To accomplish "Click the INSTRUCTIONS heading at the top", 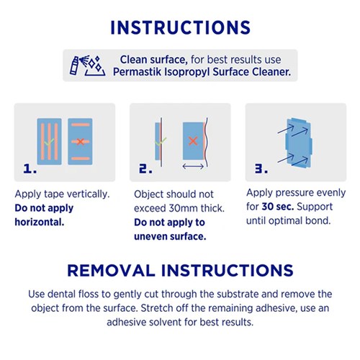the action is click(180, 27).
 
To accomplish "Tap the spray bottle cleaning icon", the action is click(87, 66).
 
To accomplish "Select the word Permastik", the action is click(137, 72).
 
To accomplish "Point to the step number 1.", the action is click(30, 168).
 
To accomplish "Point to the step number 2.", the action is click(145, 168).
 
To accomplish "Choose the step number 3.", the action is click(261, 168).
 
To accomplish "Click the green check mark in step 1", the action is click(49, 142).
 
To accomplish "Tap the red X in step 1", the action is click(80, 142).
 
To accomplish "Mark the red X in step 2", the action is click(193, 141).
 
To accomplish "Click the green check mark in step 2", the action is click(161, 141).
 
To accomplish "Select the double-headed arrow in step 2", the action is click(193, 166).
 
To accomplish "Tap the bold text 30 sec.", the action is click(278, 207).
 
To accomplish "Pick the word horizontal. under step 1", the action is click(40, 222).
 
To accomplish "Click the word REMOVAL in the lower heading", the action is click(111, 271).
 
